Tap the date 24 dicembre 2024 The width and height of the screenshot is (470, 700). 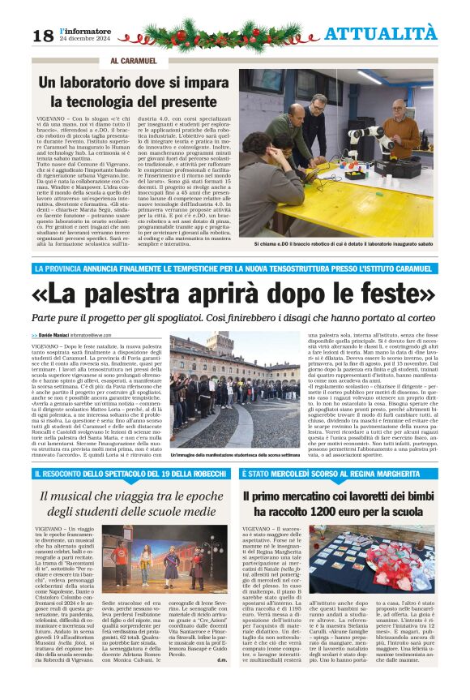pyautogui.click(x=85, y=38)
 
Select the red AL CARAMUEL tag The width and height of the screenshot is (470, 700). pyautogui.click(x=133, y=61)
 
